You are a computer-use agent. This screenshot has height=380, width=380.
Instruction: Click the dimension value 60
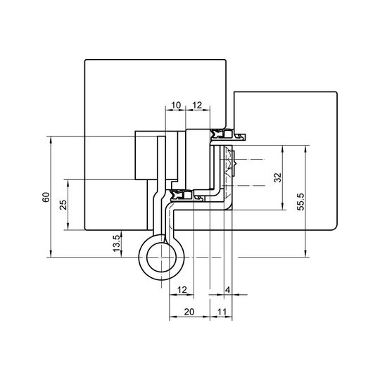(x=46, y=197)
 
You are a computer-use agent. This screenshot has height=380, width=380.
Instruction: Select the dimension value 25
(x=63, y=205)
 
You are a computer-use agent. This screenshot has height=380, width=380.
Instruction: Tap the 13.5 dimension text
(x=116, y=243)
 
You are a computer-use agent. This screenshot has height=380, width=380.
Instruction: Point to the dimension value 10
(x=176, y=105)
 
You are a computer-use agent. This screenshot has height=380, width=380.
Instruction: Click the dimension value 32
(x=277, y=177)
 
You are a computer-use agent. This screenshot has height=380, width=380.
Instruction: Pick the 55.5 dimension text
(x=300, y=202)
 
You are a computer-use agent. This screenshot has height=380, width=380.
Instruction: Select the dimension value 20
(x=189, y=312)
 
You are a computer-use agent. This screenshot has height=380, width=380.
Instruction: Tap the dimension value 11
(x=222, y=312)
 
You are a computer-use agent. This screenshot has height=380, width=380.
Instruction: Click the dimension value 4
(x=227, y=290)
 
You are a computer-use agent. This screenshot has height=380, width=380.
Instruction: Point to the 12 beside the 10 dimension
(x=197, y=105)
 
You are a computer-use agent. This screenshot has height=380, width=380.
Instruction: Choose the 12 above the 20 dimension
(x=182, y=290)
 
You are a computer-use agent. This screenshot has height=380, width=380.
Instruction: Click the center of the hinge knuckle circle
(x=161, y=257)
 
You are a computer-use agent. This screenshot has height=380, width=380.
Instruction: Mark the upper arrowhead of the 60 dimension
(x=51, y=139)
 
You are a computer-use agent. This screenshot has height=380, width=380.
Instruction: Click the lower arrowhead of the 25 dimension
(x=68, y=227)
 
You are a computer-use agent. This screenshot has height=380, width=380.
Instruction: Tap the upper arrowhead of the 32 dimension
(x=282, y=148)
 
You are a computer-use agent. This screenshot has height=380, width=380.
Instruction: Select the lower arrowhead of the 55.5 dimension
(x=305, y=253)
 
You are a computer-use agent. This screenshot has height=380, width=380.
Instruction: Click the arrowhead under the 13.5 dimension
(x=122, y=234)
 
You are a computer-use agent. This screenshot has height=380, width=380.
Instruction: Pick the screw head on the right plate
(x=234, y=163)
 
